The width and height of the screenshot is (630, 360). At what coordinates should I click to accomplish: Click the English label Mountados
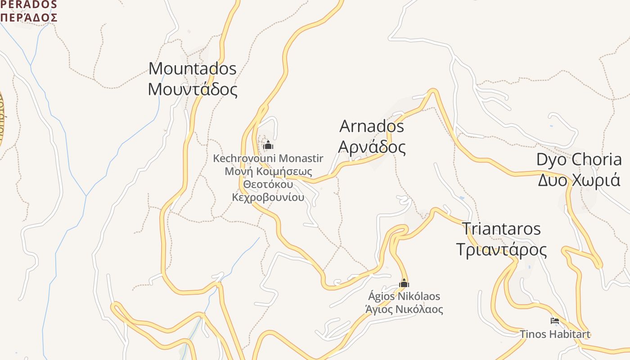[x=192, y=69]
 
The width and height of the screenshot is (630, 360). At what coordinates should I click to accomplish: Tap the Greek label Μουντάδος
[x=192, y=89]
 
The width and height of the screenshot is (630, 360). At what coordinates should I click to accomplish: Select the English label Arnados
[x=372, y=126]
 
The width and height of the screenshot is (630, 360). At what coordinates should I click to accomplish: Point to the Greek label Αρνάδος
[x=372, y=147]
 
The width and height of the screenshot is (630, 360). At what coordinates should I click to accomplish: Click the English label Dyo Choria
[x=579, y=160]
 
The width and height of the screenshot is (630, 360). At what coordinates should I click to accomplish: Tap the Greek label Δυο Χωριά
[x=579, y=180]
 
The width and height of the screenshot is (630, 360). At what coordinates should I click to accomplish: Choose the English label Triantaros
[x=501, y=229]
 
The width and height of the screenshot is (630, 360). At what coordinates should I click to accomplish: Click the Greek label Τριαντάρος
[x=501, y=249]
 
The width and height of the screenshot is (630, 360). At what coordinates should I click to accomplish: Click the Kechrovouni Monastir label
[x=268, y=158]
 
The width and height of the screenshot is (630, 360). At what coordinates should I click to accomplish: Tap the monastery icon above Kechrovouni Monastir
[x=268, y=145]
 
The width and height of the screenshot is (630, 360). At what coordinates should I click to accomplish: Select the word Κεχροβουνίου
[x=268, y=197]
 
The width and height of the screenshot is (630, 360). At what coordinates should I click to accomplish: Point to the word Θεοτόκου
[x=268, y=184]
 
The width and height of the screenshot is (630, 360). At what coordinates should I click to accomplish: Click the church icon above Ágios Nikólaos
[x=404, y=283]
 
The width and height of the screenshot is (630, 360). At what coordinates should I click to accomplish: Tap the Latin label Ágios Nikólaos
[x=404, y=297]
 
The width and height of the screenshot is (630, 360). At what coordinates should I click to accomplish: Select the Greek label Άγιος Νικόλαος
[x=404, y=310]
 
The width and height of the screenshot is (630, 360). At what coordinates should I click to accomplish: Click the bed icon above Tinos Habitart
[x=555, y=321]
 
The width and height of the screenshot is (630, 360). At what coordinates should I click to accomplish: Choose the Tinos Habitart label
[x=555, y=334]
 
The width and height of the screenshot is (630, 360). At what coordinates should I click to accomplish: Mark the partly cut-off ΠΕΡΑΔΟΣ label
[x=29, y=17]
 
